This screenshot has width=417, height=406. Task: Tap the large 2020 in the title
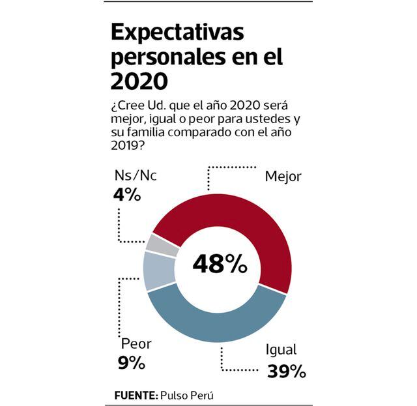click(139, 81)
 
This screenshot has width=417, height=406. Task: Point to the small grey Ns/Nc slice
click(162, 244)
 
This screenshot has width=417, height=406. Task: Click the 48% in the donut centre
click(220, 263)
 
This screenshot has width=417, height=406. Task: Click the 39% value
click(286, 371)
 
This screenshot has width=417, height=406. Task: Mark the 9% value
click(132, 363)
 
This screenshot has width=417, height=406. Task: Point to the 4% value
click(126, 194)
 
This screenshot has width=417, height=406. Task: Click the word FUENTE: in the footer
click(136, 395)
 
